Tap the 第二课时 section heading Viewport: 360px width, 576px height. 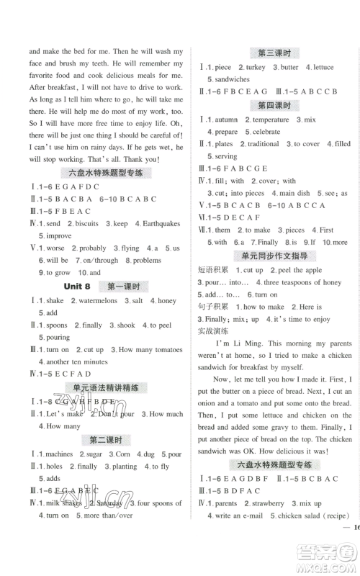click(x=104, y=440)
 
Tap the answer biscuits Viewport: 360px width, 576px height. click(x=86, y=224)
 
